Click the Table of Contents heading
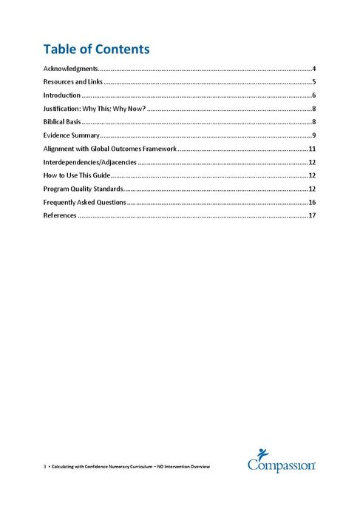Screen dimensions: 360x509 click(96, 50)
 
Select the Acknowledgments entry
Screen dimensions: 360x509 click(69, 69)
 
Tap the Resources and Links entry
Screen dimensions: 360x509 click(72, 82)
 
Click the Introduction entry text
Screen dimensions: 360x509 click(61, 95)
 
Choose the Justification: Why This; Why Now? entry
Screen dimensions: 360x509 click(94, 109)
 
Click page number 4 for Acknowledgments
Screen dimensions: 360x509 click(314, 69)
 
